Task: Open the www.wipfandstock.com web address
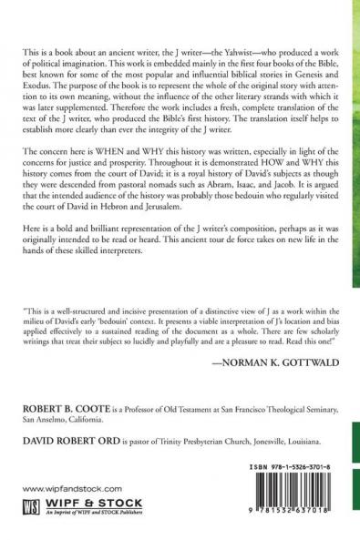[65, 488]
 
